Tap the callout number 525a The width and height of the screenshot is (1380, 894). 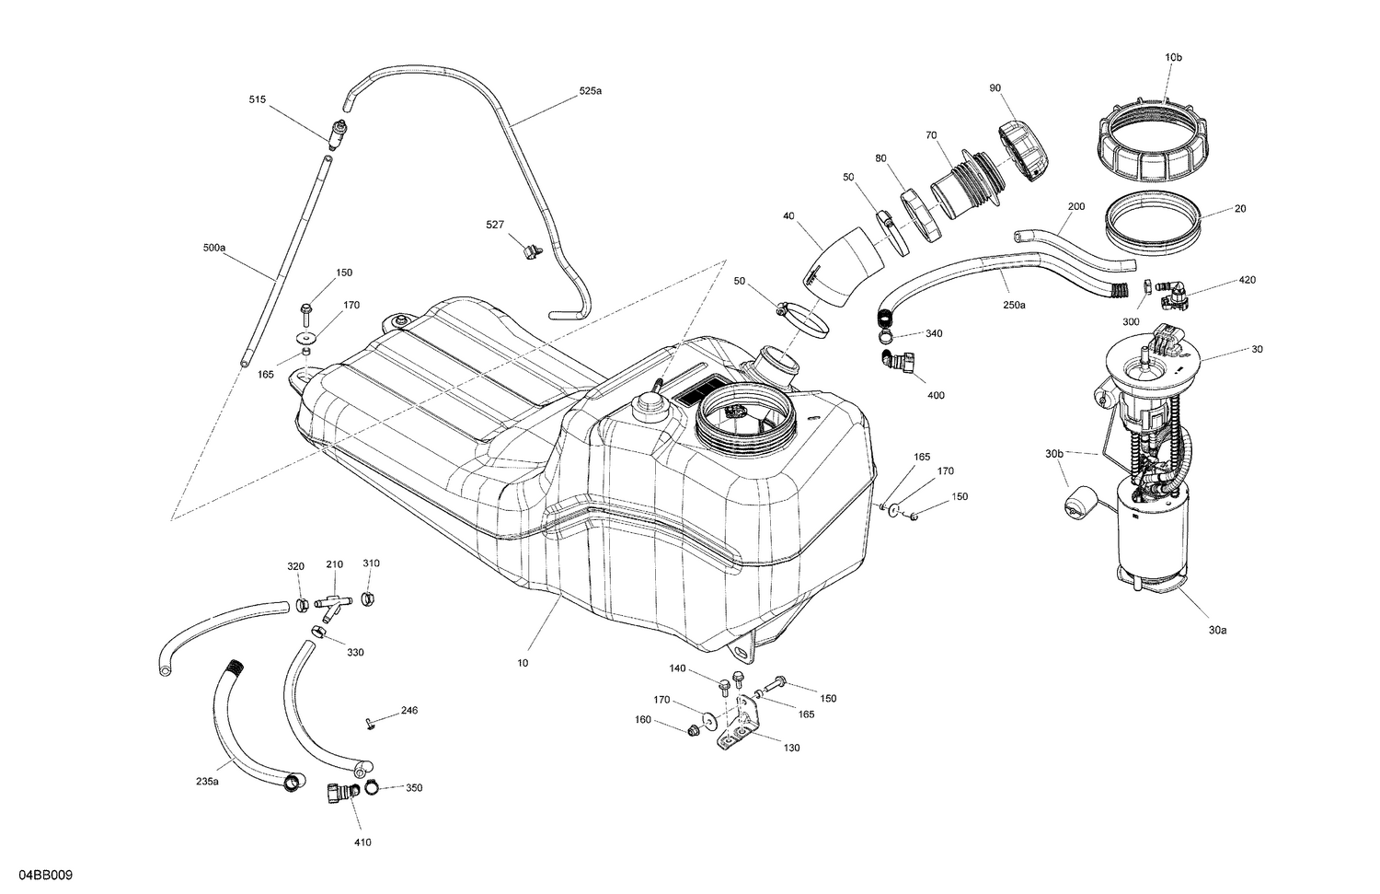(591, 91)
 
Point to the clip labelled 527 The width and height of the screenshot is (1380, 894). (531, 249)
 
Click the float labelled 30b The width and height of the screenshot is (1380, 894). (1077, 505)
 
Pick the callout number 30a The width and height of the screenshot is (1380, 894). (1217, 631)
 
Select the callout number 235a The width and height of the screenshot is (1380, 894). (207, 781)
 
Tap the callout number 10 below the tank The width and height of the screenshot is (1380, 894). (523, 662)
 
